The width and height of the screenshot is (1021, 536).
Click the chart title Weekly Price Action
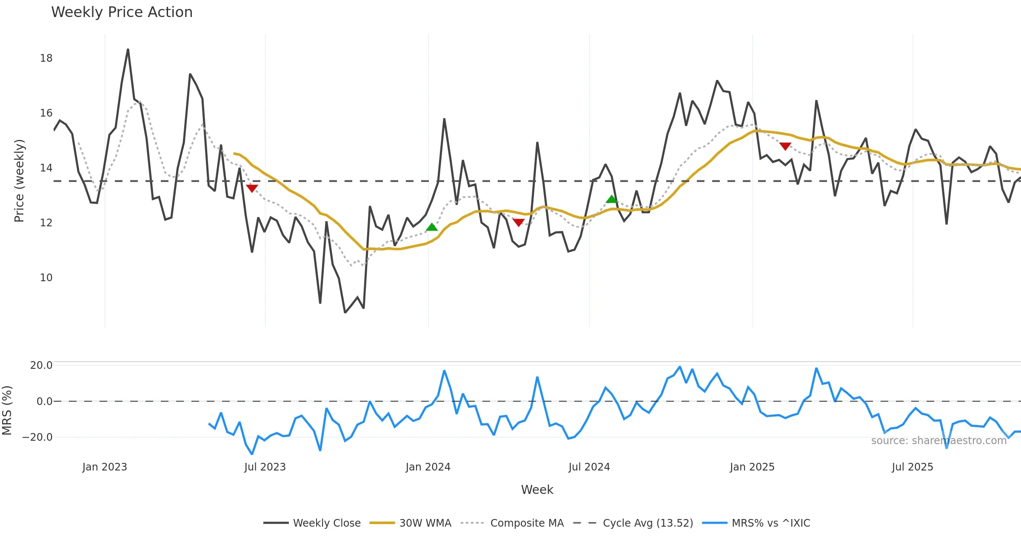(122, 12)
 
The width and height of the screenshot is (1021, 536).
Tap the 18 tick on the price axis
(46, 58)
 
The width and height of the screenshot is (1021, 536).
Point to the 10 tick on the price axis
(46, 278)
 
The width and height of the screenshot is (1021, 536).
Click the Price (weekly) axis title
(20, 181)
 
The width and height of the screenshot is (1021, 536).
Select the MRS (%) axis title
(7, 410)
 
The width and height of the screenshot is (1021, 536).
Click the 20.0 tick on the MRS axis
(41, 365)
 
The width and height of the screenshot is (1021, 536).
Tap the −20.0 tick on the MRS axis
(38, 437)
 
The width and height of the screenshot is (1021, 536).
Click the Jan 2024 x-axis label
(428, 467)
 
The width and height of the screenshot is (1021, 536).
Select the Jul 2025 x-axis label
(913, 467)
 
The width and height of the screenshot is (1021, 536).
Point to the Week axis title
(537, 490)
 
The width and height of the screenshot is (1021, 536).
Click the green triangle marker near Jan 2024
(432, 227)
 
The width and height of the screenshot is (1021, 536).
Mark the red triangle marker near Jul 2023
(252, 188)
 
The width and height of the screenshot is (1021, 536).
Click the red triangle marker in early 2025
(785, 146)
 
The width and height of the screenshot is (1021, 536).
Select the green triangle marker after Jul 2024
(612, 199)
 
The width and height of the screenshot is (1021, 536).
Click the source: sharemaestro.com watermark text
(938, 441)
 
